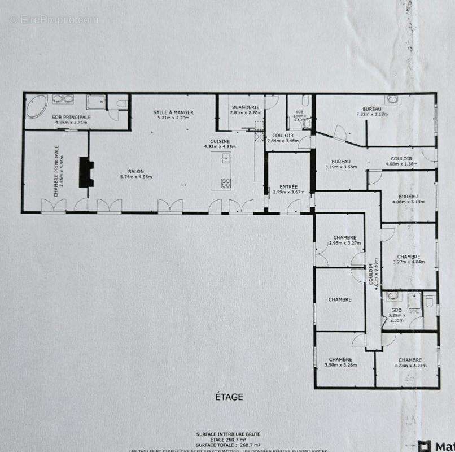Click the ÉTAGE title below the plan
[x=229, y=397]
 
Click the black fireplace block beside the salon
[x=86, y=172]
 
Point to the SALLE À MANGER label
[x=173, y=112]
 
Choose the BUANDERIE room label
[x=244, y=107]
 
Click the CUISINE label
[x=220, y=141]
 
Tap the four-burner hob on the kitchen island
[x=226, y=182]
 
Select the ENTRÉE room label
[x=288, y=186]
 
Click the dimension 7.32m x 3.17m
[x=372, y=115]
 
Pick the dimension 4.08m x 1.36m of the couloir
[x=401, y=164]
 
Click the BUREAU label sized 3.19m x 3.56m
[x=341, y=161]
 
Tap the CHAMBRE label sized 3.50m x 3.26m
[x=340, y=359]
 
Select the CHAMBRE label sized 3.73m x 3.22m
[x=410, y=360]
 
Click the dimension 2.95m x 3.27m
[x=344, y=243]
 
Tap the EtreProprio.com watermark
[x=54, y=20]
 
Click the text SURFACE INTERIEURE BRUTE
[x=228, y=434]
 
